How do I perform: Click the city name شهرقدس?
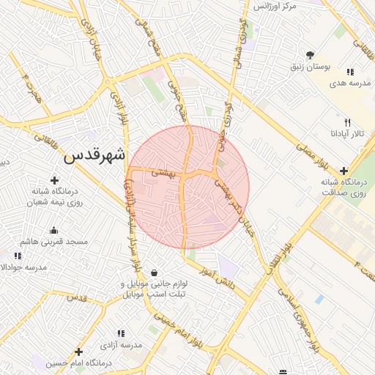[x=94, y=155]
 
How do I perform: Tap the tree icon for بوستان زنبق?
[x=311, y=55]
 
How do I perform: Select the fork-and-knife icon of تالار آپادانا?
[x=348, y=122]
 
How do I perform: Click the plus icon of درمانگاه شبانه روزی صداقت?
[x=344, y=171]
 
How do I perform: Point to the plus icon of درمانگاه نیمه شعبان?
[x=54, y=180]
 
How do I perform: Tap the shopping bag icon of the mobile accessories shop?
[x=154, y=273]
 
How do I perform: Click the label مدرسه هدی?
[x=347, y=83]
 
